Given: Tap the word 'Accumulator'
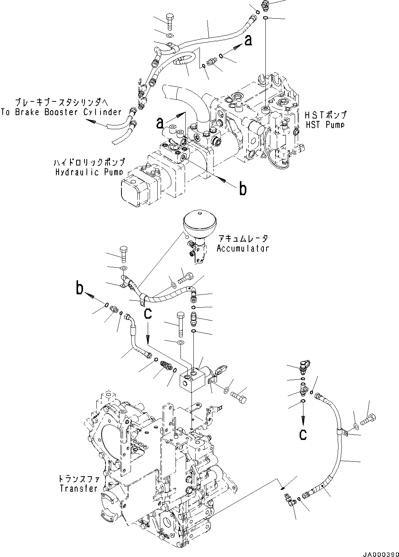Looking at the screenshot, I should click(243, 248).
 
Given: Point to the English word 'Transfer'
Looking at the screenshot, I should click(78, 488).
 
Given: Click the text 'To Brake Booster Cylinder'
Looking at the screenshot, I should click(61, 112).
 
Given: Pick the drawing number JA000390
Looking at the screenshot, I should click(378, 552).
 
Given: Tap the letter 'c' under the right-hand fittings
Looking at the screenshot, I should click(303, 435).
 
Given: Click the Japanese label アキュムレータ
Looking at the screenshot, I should click(243, 239).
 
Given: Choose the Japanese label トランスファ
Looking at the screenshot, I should click(79, 479).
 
